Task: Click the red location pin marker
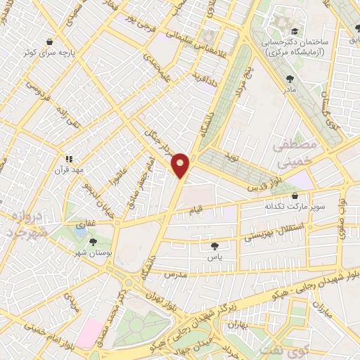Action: pos(181,165)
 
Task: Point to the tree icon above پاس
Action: pos(214,246)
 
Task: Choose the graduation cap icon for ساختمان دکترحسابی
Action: pos(293,32)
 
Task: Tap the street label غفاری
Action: pos(85,224)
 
